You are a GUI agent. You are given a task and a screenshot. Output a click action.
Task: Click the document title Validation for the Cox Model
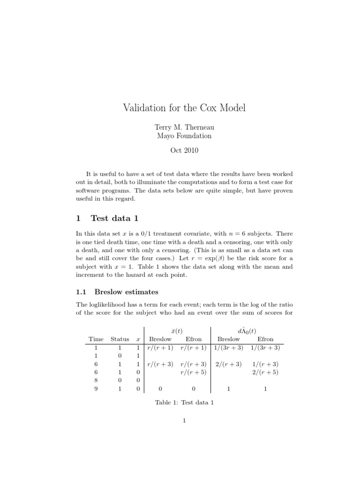[184, 108]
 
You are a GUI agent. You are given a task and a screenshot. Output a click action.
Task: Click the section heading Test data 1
[114, 218]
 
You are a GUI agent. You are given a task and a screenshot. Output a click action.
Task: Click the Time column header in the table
[96, 339]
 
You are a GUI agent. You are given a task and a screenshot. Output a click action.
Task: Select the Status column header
[120, 339]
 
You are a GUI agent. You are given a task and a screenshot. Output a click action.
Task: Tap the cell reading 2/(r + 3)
[228, 364]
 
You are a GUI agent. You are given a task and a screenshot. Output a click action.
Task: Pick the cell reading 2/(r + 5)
[265, 373]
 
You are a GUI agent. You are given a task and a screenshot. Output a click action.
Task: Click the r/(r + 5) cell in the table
[194, 373]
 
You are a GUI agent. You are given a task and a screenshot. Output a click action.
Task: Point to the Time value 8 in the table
[96, 381]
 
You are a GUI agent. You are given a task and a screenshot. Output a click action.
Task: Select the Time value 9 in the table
[96, 389]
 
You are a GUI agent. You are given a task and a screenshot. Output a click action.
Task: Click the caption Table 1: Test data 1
[184, 403]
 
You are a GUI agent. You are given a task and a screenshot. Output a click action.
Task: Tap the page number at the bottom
[185, 420]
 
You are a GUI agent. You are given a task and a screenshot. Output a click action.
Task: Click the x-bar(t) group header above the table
[177, 330]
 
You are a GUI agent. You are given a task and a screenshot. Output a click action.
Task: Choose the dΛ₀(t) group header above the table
[247, 330]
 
